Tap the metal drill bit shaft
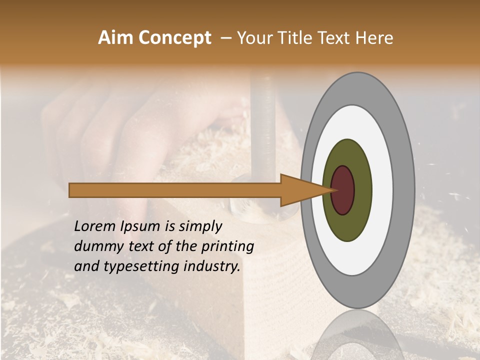pos(264,125)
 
